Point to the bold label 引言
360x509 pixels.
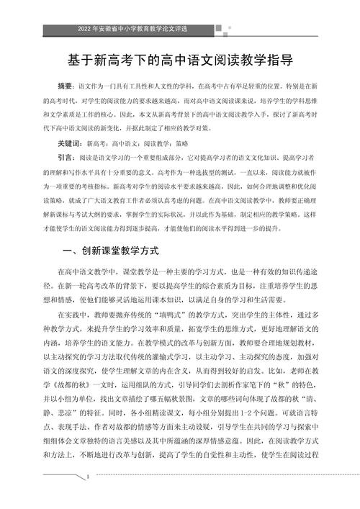[66, 157]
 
